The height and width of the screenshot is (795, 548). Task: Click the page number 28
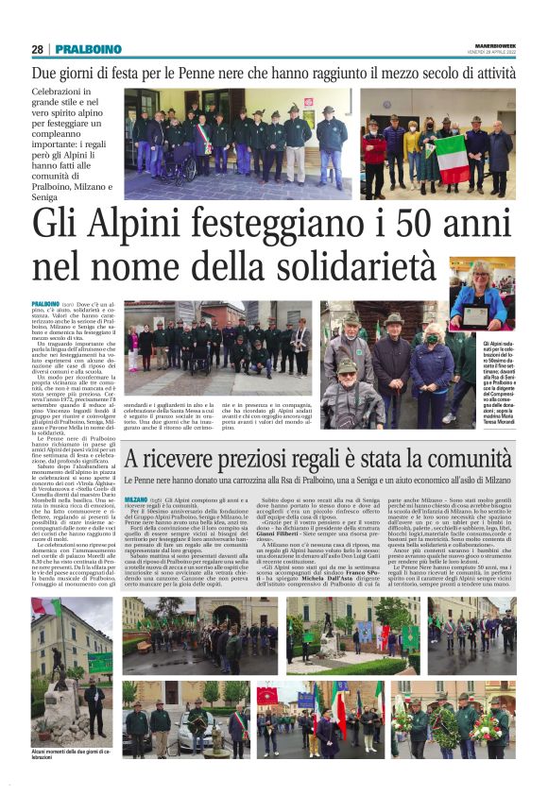coord(37,49)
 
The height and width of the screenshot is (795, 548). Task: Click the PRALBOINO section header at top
coord(88,49)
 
